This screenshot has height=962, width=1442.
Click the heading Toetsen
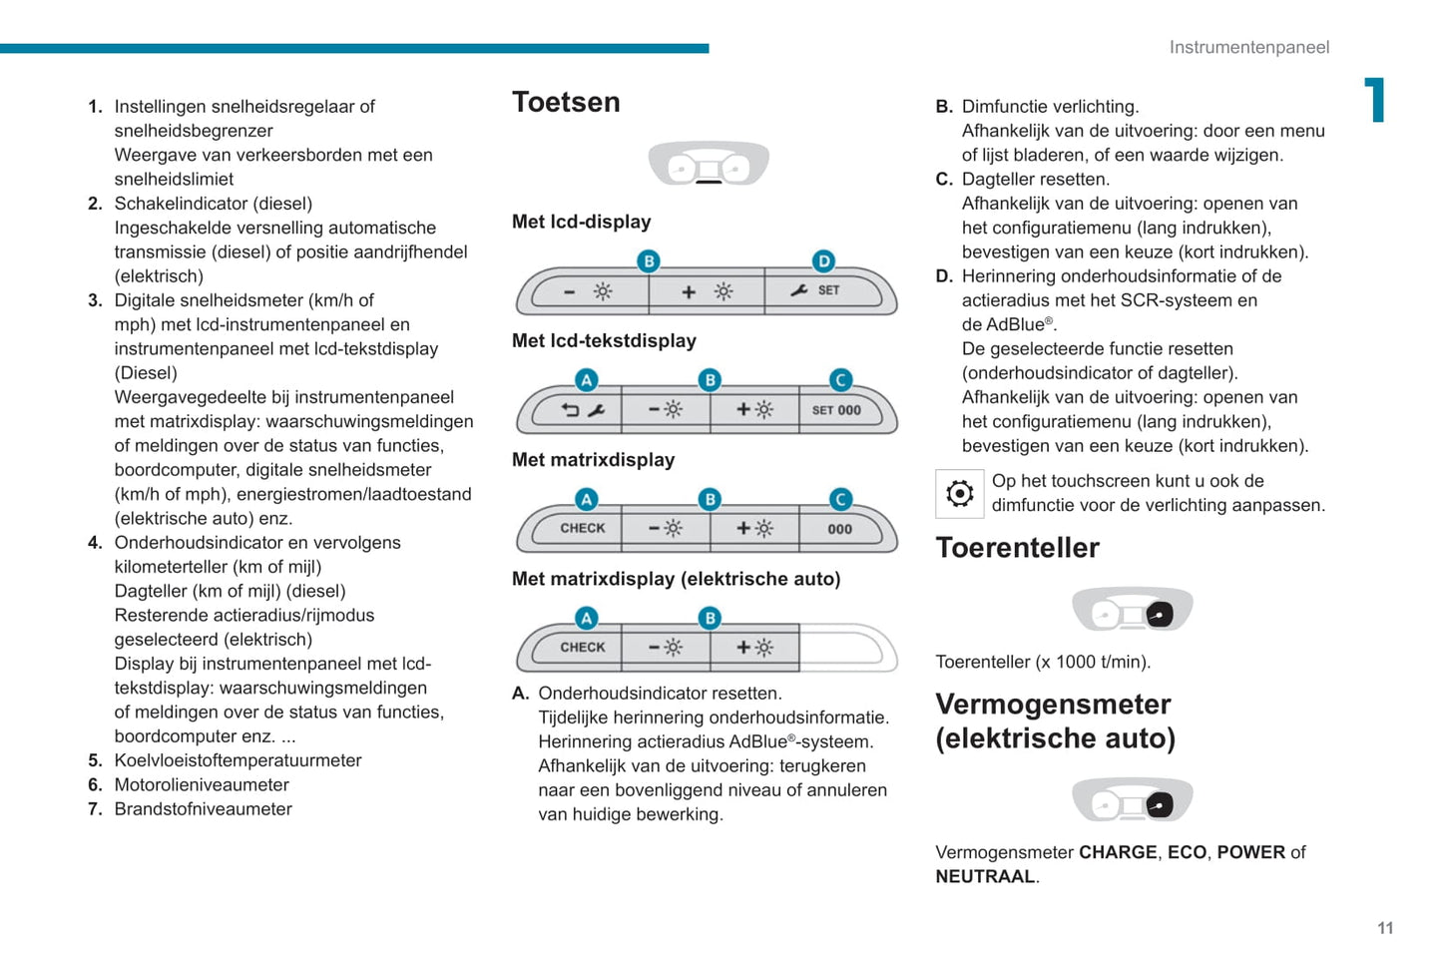point(566,103)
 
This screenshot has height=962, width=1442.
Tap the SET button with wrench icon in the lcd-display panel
point(823,291)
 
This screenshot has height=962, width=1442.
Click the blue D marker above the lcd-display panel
point(823,261)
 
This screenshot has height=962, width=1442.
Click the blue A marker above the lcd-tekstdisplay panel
point(587,380)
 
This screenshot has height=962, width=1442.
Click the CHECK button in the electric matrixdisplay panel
point(581,648)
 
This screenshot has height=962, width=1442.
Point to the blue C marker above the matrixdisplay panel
point(841,499)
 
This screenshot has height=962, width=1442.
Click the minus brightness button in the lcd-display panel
point(589,291)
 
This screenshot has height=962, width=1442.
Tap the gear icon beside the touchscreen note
point(959,493)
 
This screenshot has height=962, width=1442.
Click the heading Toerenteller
point(1017,548)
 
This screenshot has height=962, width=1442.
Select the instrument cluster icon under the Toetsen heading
point(709,165)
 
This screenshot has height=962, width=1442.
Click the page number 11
point(1385,928)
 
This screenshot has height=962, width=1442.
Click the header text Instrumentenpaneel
point(1248,47)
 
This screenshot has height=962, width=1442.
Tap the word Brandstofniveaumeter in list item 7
point(203,809)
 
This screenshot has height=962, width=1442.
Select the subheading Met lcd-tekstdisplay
point(604,341)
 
